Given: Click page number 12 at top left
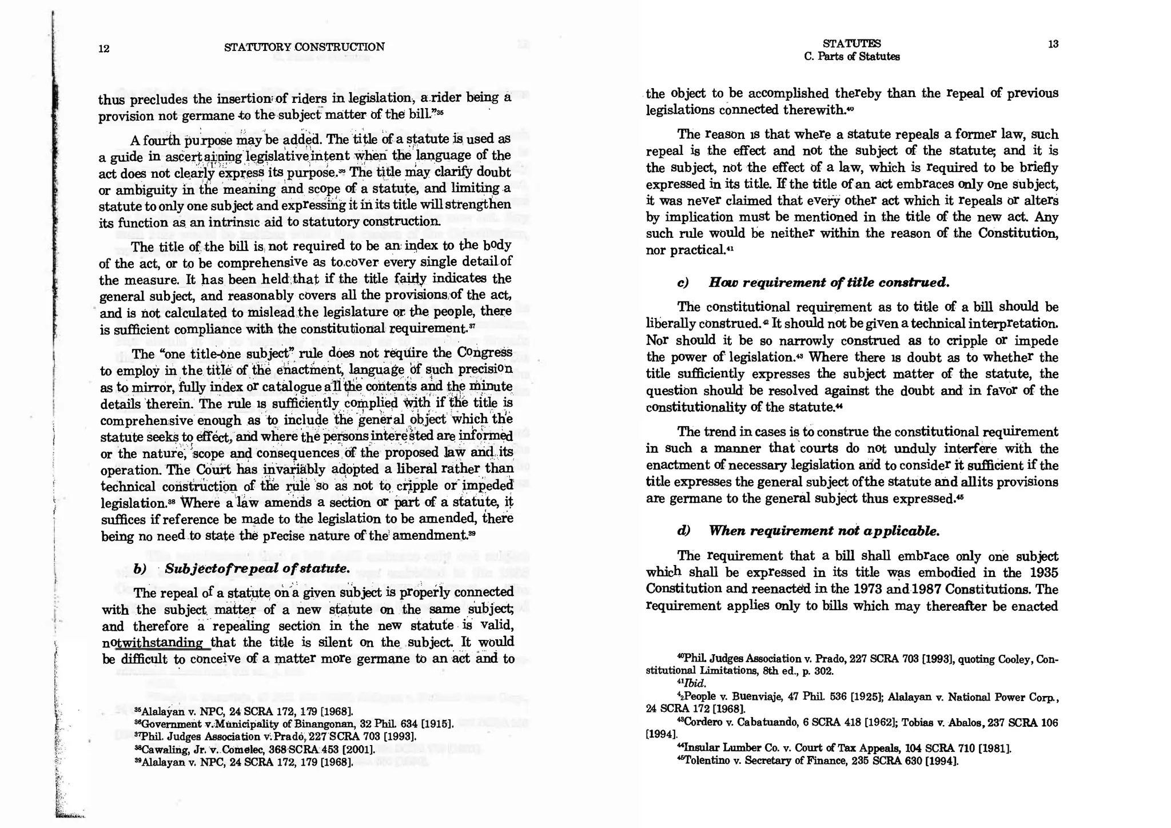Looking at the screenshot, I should (x=103, y=49).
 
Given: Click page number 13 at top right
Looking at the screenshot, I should (x=1053, y=44).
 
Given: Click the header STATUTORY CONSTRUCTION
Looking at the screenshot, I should (x=304, y=47).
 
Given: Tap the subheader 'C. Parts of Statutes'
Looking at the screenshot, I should (x=851, y=57).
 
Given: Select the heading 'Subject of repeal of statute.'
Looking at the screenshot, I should (x=257, y=568).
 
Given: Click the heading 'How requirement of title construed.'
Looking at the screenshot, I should (x=829, y=282).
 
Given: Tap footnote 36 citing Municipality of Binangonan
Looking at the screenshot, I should (x=293, y=724).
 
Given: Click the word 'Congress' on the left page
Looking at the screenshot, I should (x=485, y=352).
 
